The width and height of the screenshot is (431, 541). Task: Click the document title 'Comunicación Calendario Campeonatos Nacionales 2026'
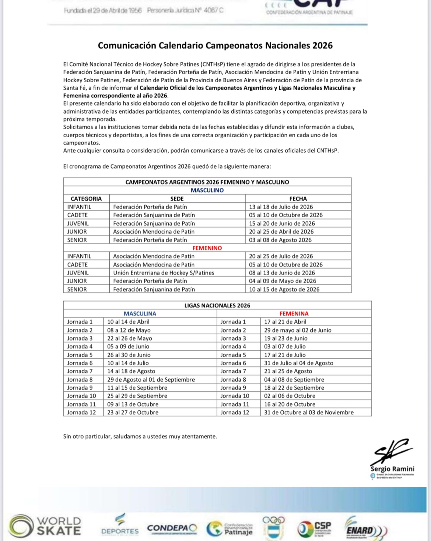click(215, 45)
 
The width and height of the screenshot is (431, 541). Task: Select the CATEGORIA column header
click(86, 199)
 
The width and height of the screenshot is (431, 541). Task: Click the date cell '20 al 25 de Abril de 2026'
click(281, 232)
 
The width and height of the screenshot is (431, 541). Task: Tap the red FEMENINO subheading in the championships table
click(207, 248)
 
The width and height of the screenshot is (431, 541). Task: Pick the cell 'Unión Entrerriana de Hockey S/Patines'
click(164, 273)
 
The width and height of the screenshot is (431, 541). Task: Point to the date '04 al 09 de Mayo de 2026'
click(283, 281)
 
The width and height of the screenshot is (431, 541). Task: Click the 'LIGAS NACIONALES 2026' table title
click(217, 306)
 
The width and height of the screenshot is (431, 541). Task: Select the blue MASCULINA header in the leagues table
click(140, 314)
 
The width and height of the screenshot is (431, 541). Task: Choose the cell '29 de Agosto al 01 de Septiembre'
click(151, 379)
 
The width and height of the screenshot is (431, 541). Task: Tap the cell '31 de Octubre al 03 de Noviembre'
click(309, 413)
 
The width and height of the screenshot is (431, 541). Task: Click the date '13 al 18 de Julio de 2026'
click(281, 207)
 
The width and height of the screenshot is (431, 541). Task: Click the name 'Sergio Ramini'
click(392, 469)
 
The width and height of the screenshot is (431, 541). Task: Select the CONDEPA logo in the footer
click(172, 528)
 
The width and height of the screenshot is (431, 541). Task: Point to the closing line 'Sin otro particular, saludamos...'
click(140, 437)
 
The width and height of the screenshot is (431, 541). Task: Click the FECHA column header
click(298, 199)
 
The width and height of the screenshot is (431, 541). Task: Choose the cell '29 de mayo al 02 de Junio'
click(298, 330)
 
